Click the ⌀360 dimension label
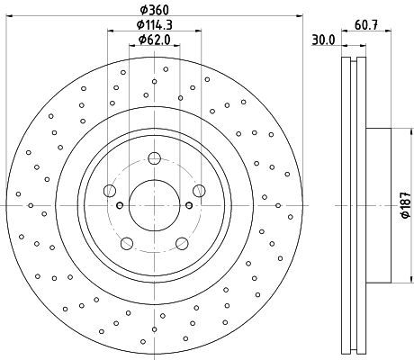point(155,10)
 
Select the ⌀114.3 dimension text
point(155,25)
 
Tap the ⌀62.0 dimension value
point(155,40)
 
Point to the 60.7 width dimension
point(366,25)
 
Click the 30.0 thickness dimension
point(323,40)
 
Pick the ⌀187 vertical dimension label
point(406,205)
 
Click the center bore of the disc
point(155,205)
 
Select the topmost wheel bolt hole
point(155,158)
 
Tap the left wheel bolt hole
point(110,191)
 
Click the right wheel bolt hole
point(199,191)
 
